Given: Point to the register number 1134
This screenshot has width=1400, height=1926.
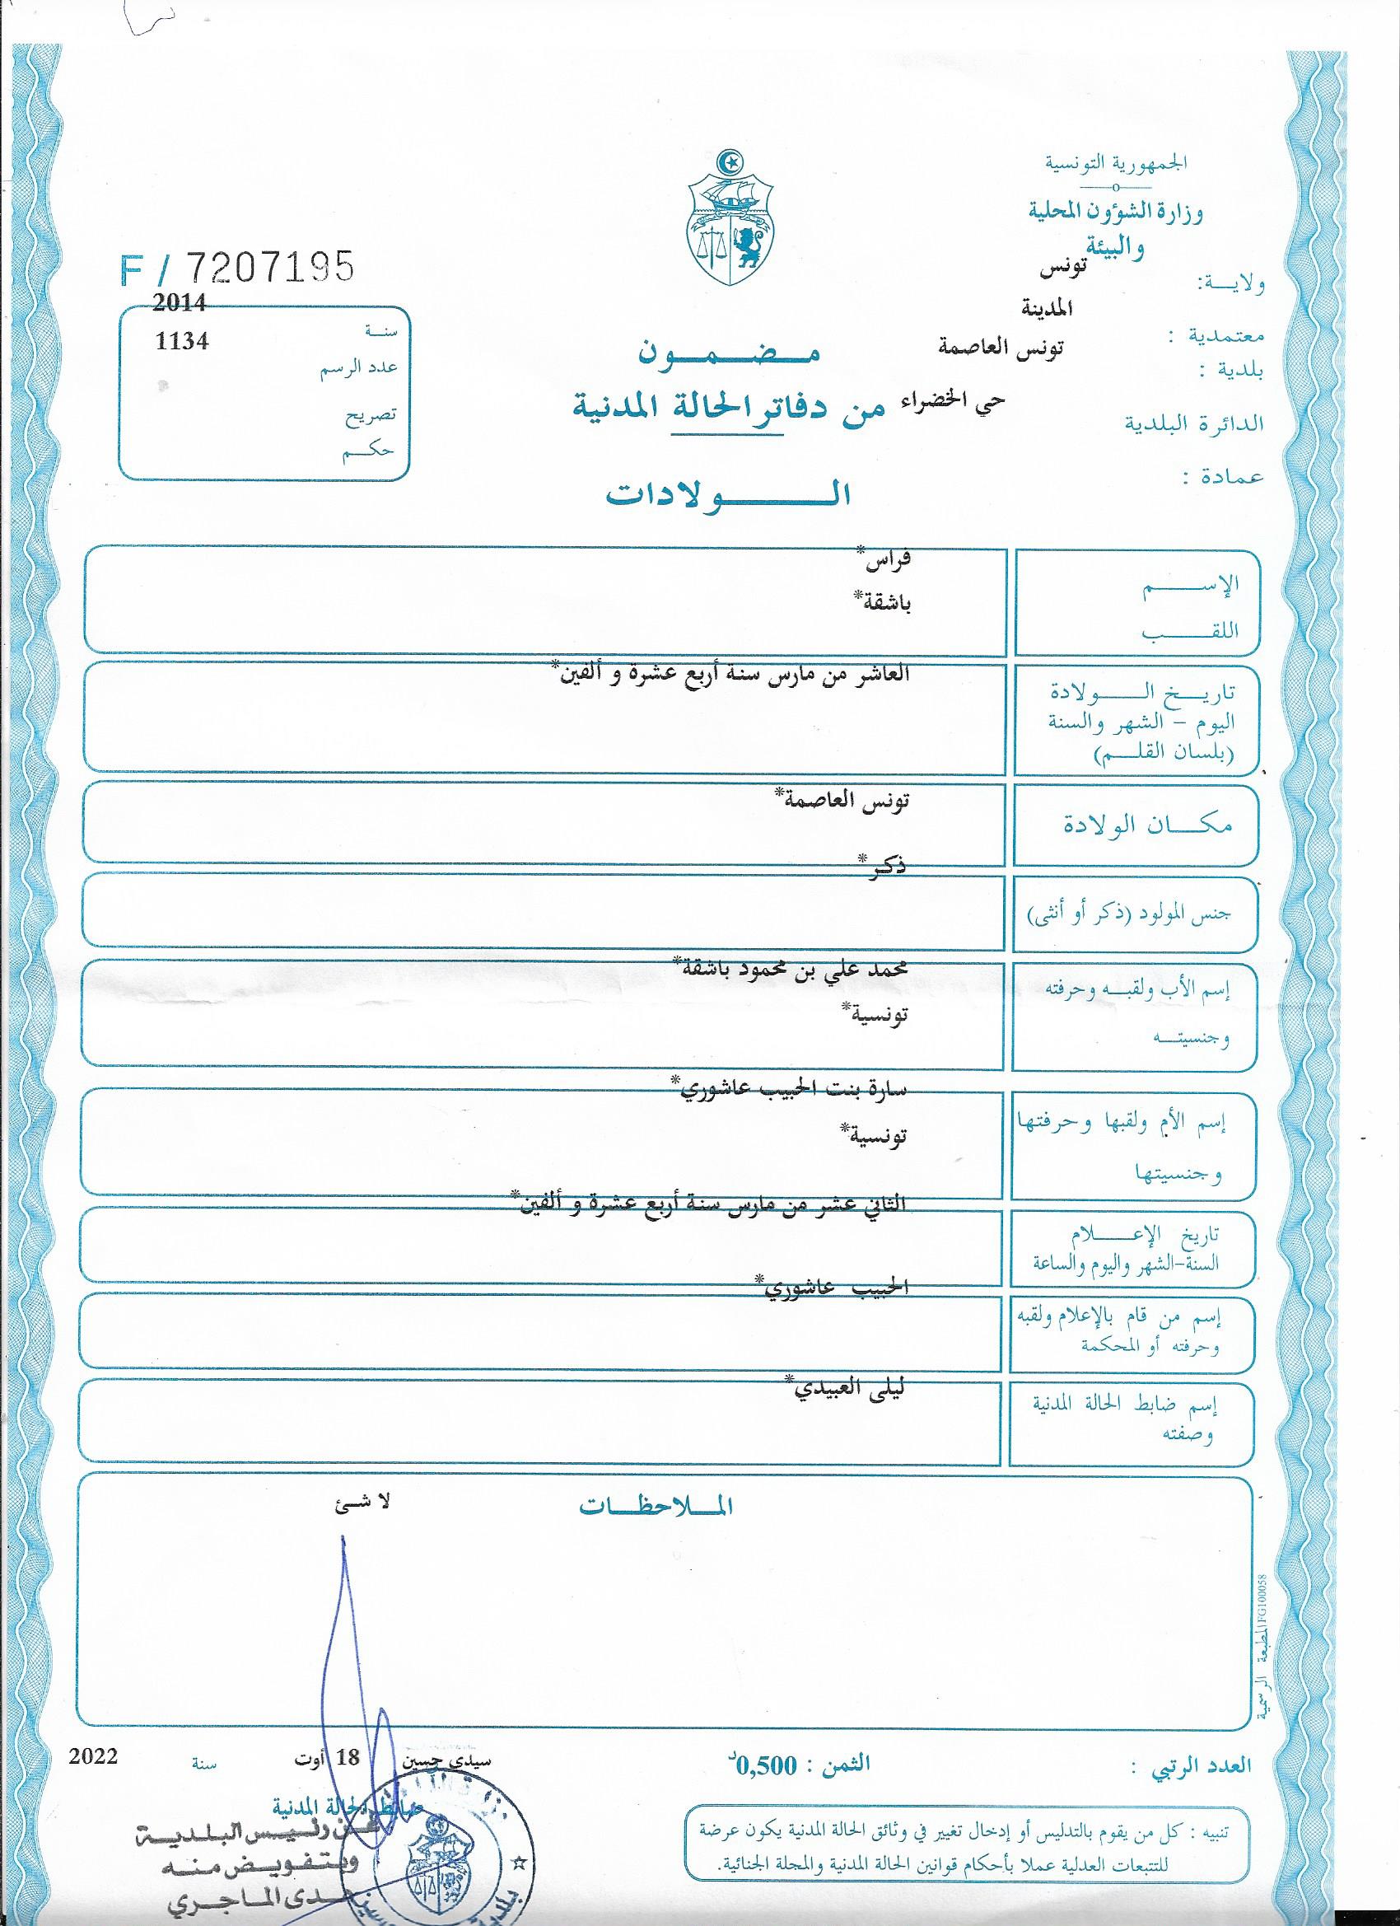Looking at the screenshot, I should click(181, 340).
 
